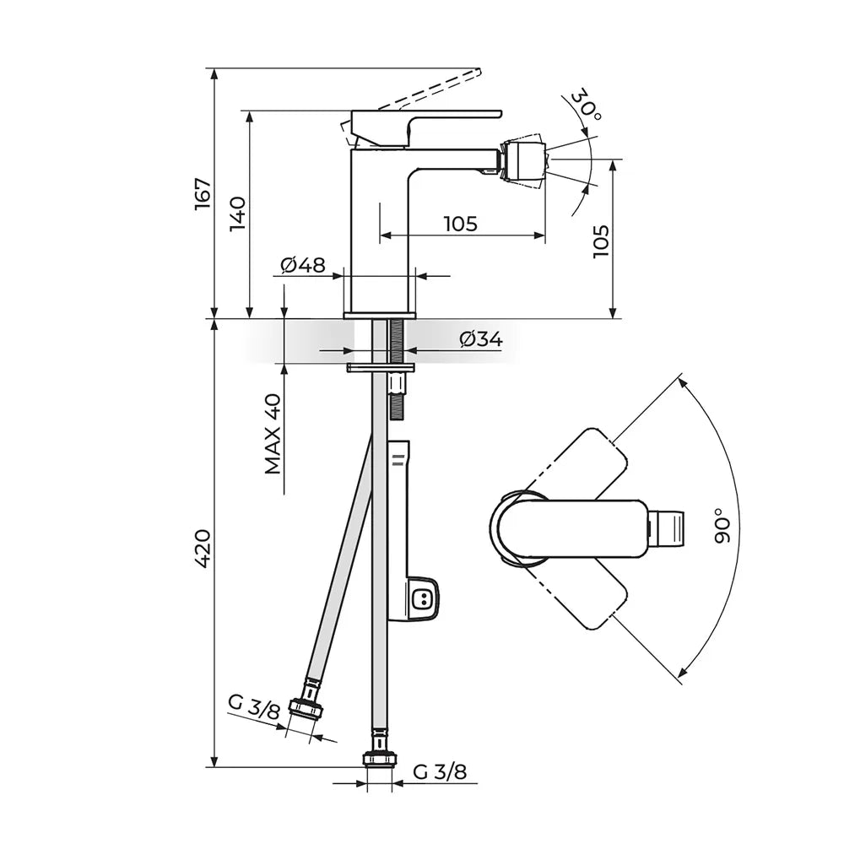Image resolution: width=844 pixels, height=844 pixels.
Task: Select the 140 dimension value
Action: pos(238,214)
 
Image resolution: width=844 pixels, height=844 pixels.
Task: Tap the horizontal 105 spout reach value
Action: pos(461,224)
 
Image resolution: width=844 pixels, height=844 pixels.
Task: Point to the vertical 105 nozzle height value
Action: pos(601,241)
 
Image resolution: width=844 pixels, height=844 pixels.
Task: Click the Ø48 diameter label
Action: pos(303,265)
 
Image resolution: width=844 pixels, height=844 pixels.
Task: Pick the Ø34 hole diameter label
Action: pos(481,339)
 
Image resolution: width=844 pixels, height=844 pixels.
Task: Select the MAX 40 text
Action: pos(273,434)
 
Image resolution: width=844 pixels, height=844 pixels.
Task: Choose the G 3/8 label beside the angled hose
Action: pos(254,707)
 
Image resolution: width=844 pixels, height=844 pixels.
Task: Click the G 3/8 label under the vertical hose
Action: pos(440,772)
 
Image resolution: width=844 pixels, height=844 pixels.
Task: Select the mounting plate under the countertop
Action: pos(381,367)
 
